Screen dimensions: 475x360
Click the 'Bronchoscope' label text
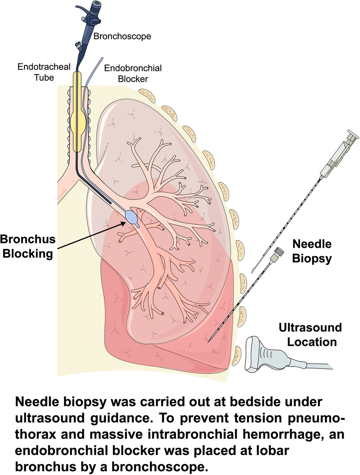(122, 37)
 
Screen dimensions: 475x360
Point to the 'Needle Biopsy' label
(311, 251)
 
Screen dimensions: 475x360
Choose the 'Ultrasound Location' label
(311, 335)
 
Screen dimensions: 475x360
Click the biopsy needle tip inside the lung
(209, 341)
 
